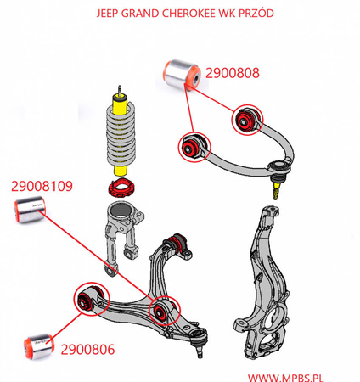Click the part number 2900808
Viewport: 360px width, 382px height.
point(233,73)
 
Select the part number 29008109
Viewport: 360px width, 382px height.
point(42,186)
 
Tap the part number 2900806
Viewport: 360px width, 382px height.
point(87,350)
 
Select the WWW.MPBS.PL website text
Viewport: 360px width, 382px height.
point(285,378)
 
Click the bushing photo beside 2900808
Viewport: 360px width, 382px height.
point(183,75)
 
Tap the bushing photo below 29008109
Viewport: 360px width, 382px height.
point(30,210)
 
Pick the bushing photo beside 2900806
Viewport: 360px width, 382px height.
point(39,346)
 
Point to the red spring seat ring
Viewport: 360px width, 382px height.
point(122,188)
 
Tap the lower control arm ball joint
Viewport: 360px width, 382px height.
point(199,341)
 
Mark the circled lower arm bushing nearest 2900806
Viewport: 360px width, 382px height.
point(88,301)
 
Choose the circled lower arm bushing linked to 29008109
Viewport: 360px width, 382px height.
point(164,311)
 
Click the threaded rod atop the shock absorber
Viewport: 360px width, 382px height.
point(120,90)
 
